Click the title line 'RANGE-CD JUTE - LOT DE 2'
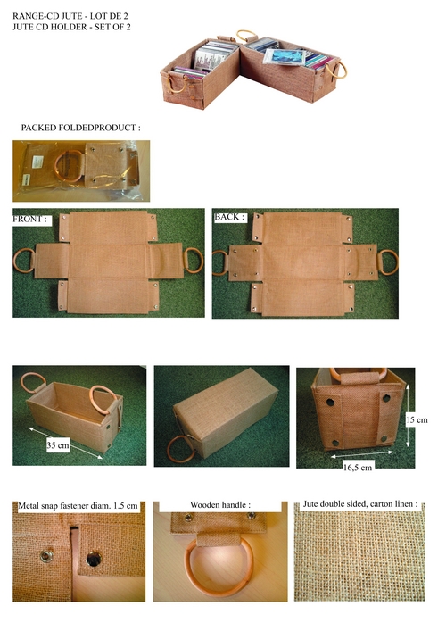[x=55, y=10]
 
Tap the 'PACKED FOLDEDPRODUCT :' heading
[x=80, y=129]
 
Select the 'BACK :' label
[x=229, y=217]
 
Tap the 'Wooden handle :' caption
[x=220, y=505]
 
